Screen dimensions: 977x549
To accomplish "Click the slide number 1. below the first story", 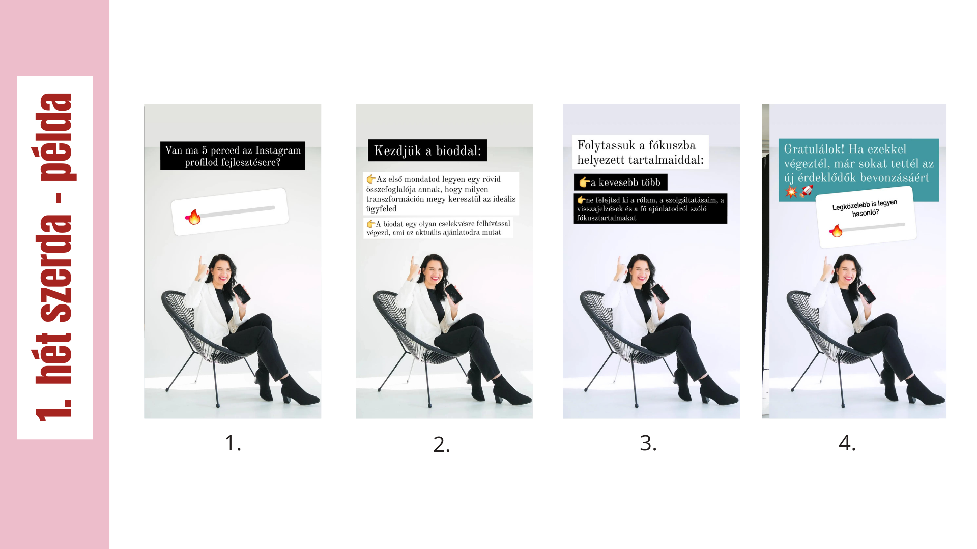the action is [233, 443].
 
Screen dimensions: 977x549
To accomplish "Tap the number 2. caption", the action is [441, 445].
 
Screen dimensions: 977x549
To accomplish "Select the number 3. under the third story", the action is [648, 443].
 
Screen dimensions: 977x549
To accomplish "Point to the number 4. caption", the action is [847, 443].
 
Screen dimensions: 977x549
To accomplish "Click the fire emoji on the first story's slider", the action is [194, 217].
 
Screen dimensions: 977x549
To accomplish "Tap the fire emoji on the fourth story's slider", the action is [836, 231].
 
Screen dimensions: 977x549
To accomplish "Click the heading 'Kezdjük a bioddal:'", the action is [427, 150].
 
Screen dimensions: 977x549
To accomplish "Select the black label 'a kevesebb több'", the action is [621, 182].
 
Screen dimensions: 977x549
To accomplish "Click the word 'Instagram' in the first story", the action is [278, 150].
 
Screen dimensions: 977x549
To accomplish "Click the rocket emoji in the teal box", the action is [807, 191].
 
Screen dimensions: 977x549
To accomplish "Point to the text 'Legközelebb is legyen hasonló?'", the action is [865, 208].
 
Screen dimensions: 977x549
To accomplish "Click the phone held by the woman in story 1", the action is [242, 294].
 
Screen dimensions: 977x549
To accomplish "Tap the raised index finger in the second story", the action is [412, 264].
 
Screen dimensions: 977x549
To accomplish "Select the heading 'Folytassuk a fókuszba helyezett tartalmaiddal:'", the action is [640, 152].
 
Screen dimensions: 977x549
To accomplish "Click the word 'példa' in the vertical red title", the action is [56, 137].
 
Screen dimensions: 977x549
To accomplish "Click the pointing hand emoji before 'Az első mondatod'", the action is [371, 179].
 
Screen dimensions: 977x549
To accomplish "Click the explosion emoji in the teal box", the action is [791, 192].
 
